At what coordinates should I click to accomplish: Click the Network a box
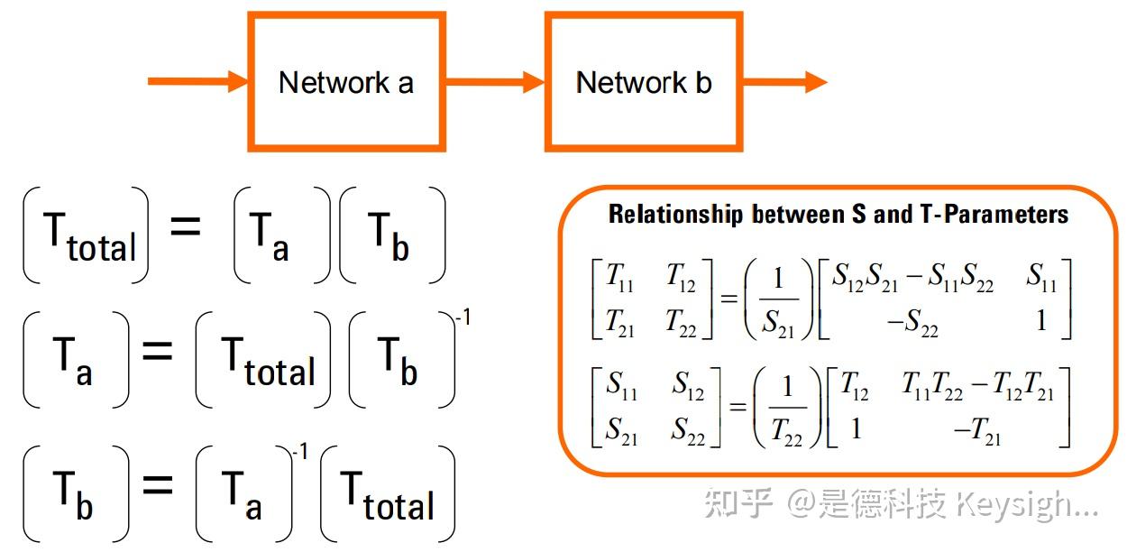(x=346, y=82)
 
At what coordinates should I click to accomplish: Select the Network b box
(x=643, y=82)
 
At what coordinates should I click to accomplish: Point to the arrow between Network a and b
(x=494, y=82)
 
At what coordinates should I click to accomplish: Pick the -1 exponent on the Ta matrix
(x=300, y=450)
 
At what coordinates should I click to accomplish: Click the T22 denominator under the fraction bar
(x=787, y=433)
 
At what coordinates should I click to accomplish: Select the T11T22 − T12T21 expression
(x=977, y=389)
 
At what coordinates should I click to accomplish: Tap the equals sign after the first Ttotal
(x=185, y=225)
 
